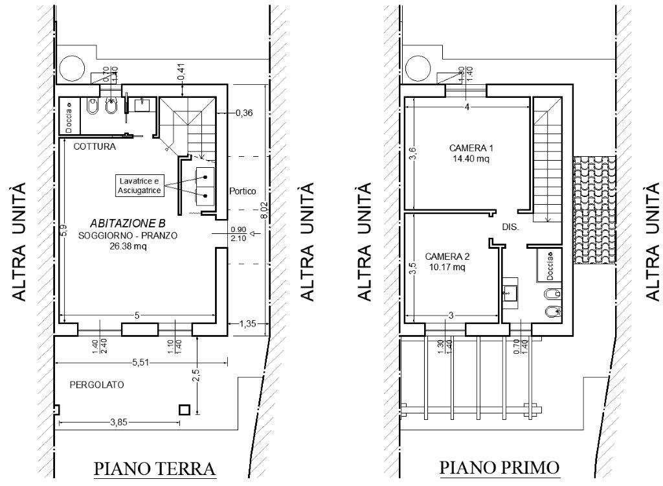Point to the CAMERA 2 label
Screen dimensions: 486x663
click(x=447, y=257)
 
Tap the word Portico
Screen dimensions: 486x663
click(x=243, y=192)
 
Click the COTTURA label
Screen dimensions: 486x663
click(x=95, y=146)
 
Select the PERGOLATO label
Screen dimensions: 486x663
click(x=96, y=385)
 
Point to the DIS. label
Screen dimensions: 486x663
click(x=511, y=228)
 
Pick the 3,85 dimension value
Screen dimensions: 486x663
click(x=119, y=422)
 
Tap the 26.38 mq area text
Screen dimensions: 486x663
click(x=128, y=245)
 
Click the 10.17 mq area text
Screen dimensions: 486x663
click(x=446, y=267)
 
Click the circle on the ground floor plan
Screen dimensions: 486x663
click(x=71, y=67)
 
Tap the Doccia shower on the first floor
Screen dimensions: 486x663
click(x=549, y=265)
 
